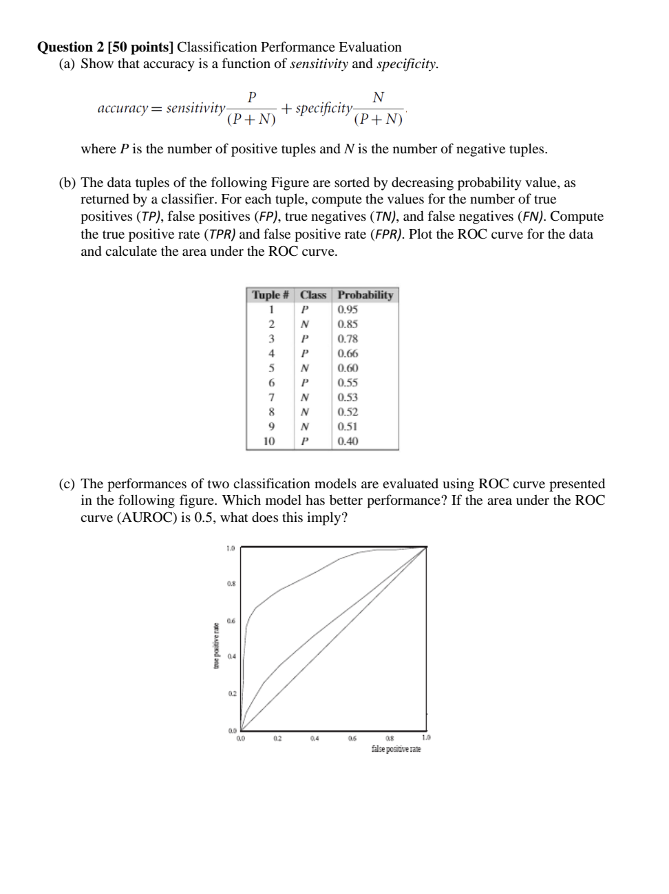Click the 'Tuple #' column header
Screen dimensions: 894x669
[270, 295]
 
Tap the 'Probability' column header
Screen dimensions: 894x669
[365, 295]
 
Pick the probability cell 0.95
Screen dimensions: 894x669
[348, 309]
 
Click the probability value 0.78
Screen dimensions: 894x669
[348, 338]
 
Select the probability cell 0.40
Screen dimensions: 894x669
[348, 441]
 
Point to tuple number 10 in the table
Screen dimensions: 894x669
[270, 441]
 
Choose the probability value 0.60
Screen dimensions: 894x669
[348, 368]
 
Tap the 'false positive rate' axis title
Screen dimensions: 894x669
[396, 748]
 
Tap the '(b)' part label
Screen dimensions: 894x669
[67, 183]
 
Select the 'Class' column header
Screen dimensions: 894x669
[313, 295]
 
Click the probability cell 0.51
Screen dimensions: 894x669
[348, 426]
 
